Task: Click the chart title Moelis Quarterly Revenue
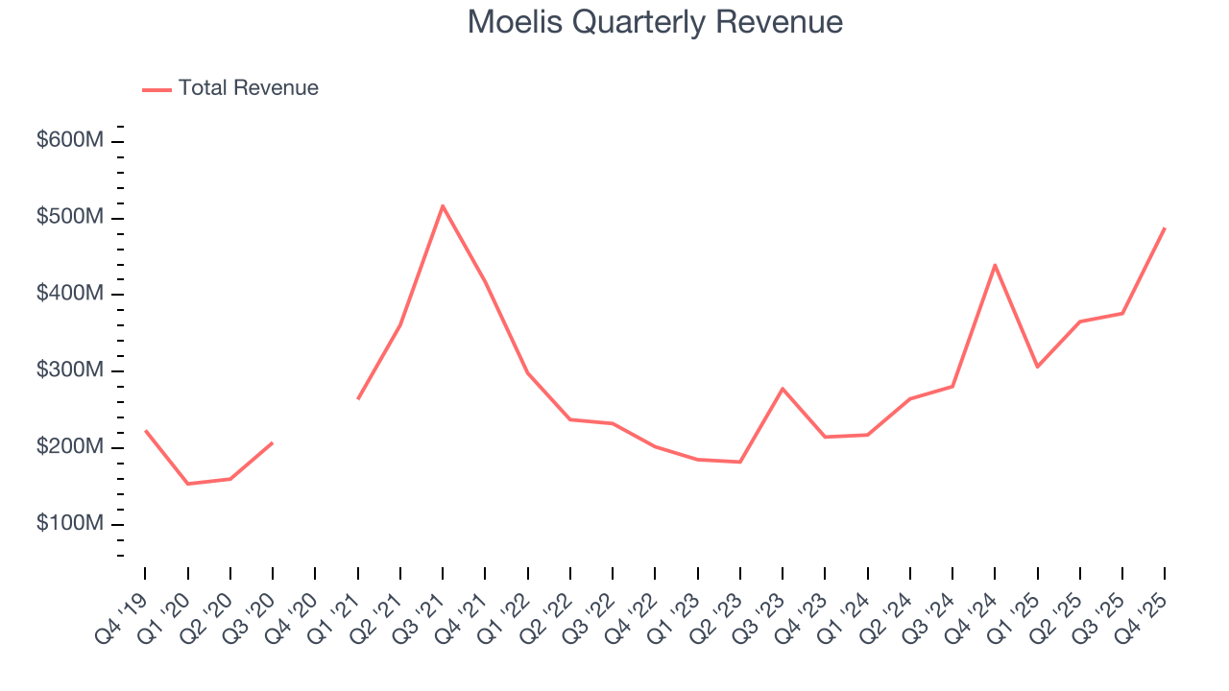pyautogui.click(x=655, y=22)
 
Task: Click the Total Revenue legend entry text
pyautogui.click(x=248, y=88)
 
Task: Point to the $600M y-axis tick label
pyautogui.click(x=70, y=141)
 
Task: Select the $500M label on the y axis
pyautogui.click(x=70, y=218)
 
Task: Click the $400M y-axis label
pyautogui.click(x=70, y=294)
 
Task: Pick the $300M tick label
pyautogui.click(x=70, y=370)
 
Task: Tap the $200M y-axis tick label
pyautogui.click(x=70, y=447)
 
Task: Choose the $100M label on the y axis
pyautogui.click(x=70, y=524)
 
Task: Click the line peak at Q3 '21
pyautogui.click(x=443, y=205)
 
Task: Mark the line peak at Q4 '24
pyautogui.click(x=995, y=265)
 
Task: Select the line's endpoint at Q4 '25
pyautogui.click(x=1165, y=228)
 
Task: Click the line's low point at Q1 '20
pyautogui.click(x=187, y=484)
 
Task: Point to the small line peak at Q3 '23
pyautogui.click(x=783, y=389)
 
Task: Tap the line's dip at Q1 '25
pyautogui.click(x=1037, y=367)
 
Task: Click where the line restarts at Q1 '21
pyautogui.click(x=357, y=399)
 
